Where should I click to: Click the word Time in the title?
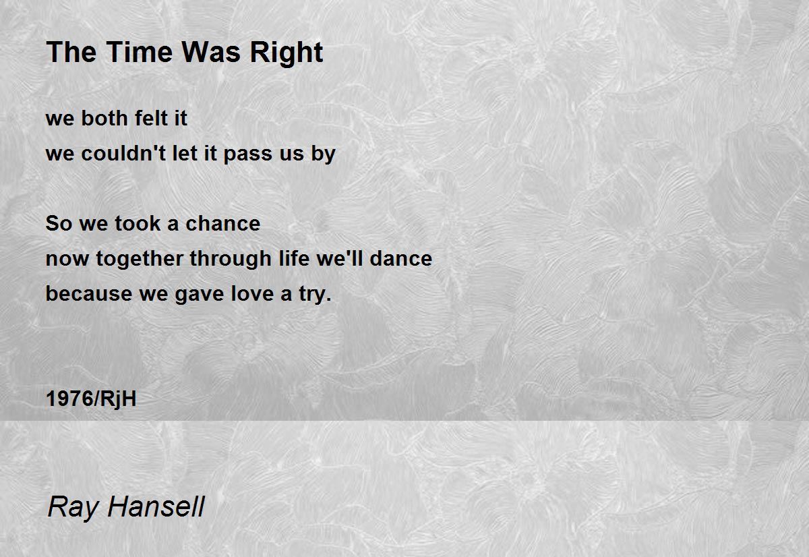140,52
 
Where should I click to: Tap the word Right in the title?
287,53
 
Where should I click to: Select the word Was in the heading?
211,52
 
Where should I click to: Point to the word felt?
151,118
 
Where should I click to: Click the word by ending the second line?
324,154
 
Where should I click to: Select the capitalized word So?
59,223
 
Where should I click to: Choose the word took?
138,223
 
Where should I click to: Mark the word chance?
223,223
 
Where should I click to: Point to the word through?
231,260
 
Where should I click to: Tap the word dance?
401,258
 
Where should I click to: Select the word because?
89,293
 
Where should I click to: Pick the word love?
252,293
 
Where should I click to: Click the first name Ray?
73,507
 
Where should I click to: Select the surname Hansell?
156,506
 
